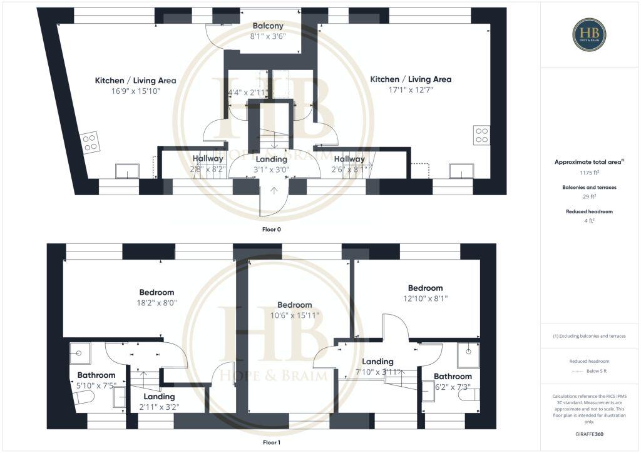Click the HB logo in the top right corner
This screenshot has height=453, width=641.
coord(588,34)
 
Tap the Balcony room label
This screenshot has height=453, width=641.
coord(268,26)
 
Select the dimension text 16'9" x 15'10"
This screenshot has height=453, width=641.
coord(135,91)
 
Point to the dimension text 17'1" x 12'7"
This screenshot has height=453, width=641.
coord(411,89)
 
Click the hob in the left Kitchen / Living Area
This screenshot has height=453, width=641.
coord(90,142)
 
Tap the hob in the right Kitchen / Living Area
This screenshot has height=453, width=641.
coord(481,136)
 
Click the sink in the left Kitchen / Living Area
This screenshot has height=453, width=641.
coord(127,171)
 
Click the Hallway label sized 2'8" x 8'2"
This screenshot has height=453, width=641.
coord(208,159)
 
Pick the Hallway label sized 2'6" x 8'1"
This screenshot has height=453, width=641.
coord(349,159)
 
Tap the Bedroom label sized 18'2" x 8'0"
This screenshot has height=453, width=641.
coord(156,292)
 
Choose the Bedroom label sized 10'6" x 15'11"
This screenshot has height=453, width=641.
coord(294,305)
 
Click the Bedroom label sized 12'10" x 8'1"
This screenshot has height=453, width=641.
coord(425,288)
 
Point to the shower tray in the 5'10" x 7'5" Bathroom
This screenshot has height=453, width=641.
coord(79,353)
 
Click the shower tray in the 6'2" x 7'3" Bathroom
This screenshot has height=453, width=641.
coord(468,355)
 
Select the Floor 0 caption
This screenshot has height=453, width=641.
coord(271,230)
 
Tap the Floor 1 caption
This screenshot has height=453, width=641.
coord(271,442)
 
